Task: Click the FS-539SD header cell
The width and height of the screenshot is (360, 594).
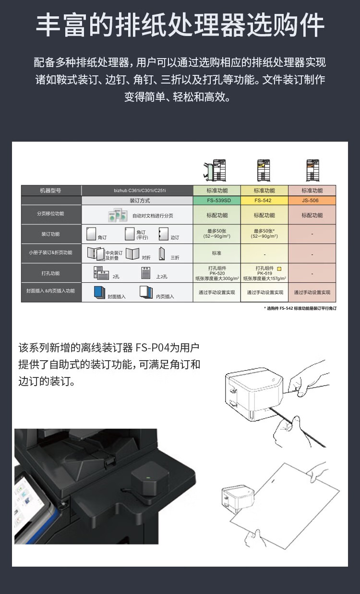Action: (x=216, y=200)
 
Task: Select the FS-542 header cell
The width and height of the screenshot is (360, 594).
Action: (x=264, y=200)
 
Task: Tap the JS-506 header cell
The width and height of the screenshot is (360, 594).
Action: (x=312, y=200)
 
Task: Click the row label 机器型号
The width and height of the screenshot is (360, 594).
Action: (x=51, y=191)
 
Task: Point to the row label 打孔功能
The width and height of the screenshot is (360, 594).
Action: (x=51, y=273)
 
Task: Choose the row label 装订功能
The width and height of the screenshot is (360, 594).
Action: (x=51, y=234)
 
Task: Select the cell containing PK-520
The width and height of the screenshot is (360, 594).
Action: (x=216, y=273)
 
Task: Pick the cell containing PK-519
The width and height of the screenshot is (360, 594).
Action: (x=264, y=273)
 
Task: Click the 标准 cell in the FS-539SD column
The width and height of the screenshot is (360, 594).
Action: (x=216, y=253)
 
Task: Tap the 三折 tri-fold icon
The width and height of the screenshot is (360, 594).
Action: (x=162, y=253)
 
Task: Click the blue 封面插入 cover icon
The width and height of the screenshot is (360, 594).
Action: (x=99, y=292)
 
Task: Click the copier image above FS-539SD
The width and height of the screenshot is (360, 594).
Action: (x=216, y=170)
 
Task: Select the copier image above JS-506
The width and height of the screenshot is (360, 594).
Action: (x=312, y=170)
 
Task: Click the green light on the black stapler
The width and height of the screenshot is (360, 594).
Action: (x=148, y=478)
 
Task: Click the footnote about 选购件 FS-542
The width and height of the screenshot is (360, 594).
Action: (x=300, y=308)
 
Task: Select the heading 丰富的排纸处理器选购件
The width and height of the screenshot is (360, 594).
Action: (x=180, y=25)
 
